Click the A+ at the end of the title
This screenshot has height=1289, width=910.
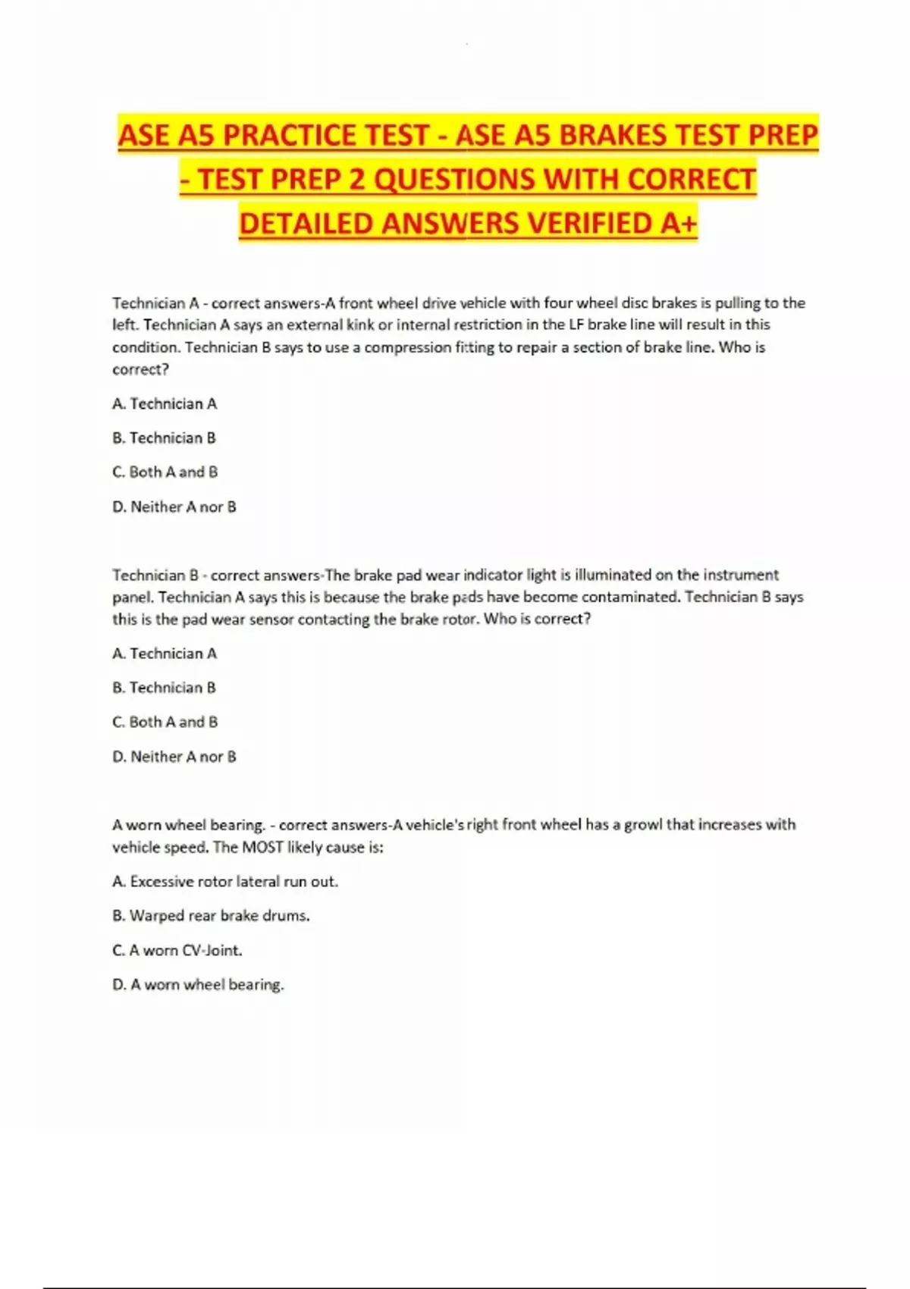(x=678, y=224)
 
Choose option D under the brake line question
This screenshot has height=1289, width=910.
(x=174, y=507)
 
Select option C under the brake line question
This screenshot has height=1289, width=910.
(x=165, y=472)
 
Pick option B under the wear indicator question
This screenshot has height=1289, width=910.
(x=165, y=688)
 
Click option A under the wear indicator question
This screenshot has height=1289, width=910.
(x=165, y=654)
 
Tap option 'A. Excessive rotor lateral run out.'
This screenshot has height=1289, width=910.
(x=225, y=881)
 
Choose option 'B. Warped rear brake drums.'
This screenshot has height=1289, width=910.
(x=211, y=915)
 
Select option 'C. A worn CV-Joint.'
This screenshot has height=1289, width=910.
(x=177, y=950)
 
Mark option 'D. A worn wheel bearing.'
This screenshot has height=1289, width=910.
(x=198, y=984)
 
